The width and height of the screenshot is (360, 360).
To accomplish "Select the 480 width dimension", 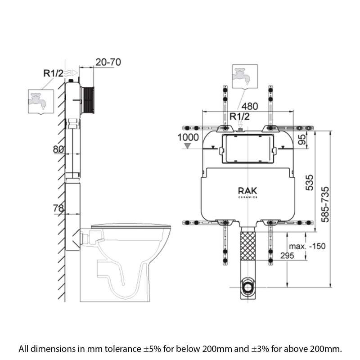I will [x=251, y=107].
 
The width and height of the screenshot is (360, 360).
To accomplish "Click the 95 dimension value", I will [x=303, y=139].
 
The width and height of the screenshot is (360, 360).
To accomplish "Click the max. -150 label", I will [x=307, y=246].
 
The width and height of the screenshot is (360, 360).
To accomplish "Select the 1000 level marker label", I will [x=188, y=137].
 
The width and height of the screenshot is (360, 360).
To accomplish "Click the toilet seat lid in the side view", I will [x=131, y=226].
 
